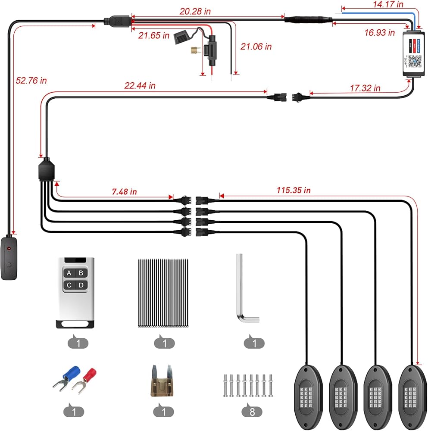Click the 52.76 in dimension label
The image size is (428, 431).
(x=31, y=80)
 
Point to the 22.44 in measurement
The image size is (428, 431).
(x=140, y=86)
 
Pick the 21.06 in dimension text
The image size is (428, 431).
(x=256, y=47)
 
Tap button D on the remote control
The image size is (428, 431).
(x=81, y=285)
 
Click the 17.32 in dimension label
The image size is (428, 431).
(x=365, y=88)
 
